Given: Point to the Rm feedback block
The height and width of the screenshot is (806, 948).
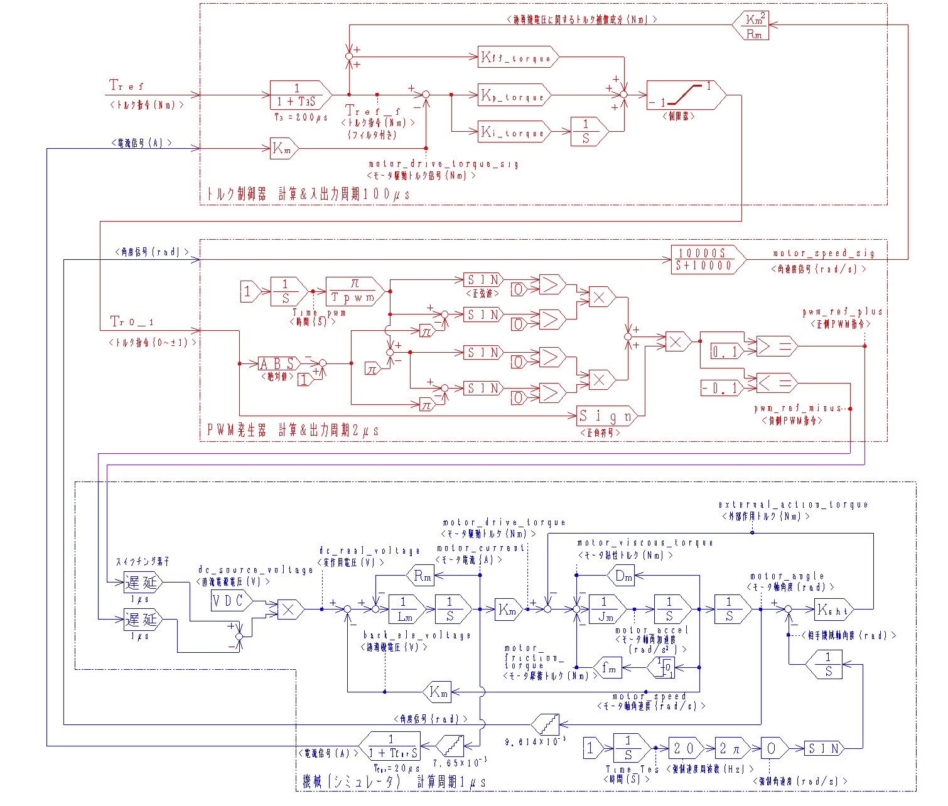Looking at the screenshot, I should pyautogui.click(x=421, y=575).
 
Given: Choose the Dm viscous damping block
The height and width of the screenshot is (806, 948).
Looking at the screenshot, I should pyautogui.click(x=622, y=575).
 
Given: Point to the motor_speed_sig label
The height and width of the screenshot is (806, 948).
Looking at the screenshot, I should pyautogui.click(x=823, y=253).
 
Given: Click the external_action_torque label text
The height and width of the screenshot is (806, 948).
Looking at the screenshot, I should pyautogui.click(x=793, y=505).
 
